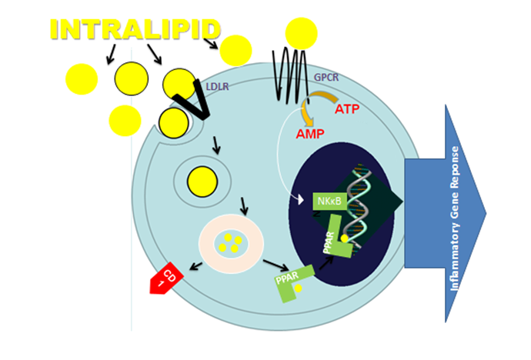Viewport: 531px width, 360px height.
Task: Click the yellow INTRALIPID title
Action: tap(135, 30)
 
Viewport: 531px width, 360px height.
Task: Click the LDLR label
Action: tap(218, 87)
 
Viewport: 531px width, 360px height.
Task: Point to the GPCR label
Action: tap(326, 78)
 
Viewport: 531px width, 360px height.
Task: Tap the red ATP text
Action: tap(347, 109)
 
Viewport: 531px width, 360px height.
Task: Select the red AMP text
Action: tap(310, 134)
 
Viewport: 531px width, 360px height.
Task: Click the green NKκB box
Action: tap(330, 202)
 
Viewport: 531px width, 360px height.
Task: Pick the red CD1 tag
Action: tap(167, 278)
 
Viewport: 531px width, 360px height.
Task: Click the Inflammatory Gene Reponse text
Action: tap(455, 218)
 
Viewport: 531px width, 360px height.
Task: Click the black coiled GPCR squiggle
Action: tap(290, 75)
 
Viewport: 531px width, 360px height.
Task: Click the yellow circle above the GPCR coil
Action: tap(301, 34)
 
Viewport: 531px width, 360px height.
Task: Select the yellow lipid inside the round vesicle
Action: tap(202, 182)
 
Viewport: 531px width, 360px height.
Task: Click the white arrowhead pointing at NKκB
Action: tap(300, 200)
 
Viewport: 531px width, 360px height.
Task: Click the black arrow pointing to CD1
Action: tap(195, 266)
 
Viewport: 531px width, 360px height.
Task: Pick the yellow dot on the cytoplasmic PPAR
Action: tap(298, 288)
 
